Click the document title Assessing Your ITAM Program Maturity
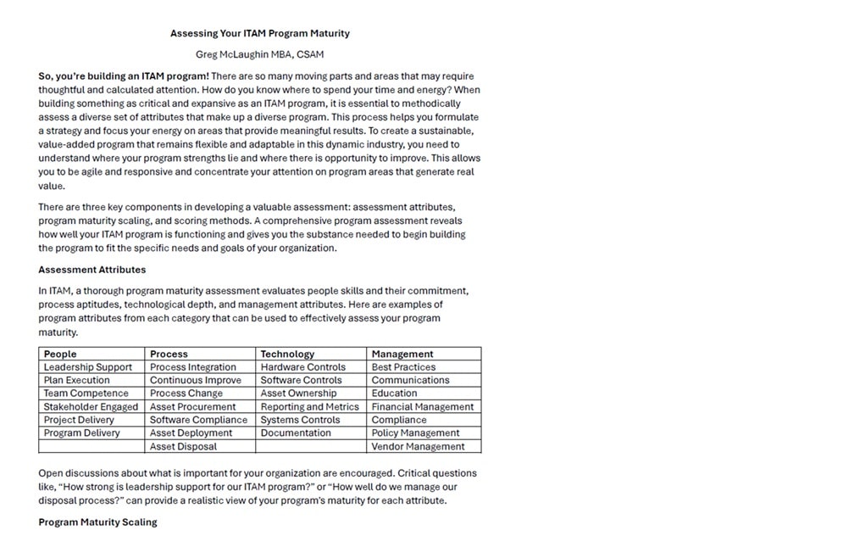tap(259, 34)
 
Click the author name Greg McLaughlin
tap(259, 54)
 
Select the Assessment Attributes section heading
tap(91, 270)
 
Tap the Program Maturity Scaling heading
tap(97, 522)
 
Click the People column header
tap(60, 354)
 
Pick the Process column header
tap(169, 354)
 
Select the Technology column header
tap(287, 354)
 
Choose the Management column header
tap(402, 354)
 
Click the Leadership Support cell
tap(88, 367)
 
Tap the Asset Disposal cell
tap(183, 446)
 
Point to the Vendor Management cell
tap(418, 446)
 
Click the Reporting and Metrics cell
tap(310, 407)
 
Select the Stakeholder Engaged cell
tap(91, 407)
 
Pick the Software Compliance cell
tap(198, 420)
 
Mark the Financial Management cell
tap(423, 407)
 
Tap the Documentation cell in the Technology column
tap(296, 433)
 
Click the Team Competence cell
tap(86, 394)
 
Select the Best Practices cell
tap(403, 367)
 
